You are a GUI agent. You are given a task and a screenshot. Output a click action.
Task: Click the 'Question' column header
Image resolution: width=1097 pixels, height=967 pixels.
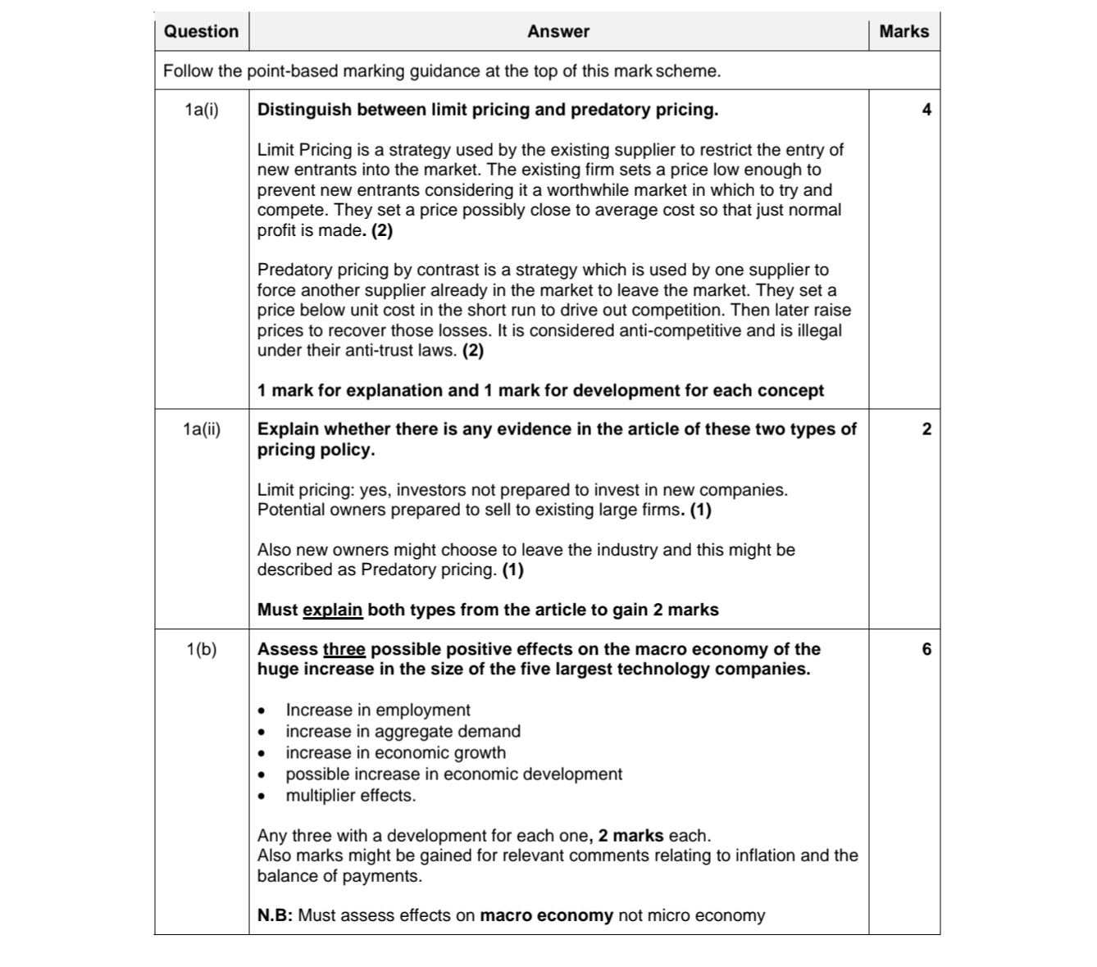pos(201,32)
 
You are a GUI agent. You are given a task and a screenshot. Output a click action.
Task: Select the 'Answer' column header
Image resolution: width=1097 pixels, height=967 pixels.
pos(558,32)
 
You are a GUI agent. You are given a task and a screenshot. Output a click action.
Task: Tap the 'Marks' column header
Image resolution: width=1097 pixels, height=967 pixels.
pos(904,32)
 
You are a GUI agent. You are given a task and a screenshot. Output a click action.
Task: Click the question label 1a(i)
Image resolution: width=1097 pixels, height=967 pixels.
pos(202,110)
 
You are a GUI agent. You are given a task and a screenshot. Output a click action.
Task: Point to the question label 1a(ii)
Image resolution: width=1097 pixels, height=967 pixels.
pos(202,429)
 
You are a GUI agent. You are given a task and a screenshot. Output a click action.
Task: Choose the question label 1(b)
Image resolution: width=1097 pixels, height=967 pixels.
pos(202,649)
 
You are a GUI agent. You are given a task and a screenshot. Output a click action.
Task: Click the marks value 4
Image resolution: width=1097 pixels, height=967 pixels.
pos(926,110)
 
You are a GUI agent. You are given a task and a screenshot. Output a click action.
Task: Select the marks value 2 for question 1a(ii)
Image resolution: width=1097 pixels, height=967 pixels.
pos(926,429)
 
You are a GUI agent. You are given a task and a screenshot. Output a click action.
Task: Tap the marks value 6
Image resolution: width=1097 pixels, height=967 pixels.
pos(926,649)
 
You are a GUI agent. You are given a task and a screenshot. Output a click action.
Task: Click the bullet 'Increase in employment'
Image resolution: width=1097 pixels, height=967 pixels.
pos(377,710)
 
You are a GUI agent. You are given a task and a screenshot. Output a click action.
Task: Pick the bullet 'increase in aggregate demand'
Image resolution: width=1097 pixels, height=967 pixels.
pos(403,731)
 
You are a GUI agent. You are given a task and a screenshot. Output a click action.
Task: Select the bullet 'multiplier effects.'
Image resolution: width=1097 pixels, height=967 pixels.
pos(350,795)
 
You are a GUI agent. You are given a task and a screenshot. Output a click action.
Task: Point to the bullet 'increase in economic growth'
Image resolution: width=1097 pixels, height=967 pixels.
pos(395,752)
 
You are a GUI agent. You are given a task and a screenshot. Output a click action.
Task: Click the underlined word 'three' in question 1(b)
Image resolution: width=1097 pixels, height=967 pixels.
pos(344,649)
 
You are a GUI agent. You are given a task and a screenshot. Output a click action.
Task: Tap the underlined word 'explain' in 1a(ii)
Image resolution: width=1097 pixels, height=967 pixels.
pos(332,610)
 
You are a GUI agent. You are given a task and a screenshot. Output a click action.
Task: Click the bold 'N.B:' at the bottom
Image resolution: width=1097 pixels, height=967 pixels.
pos(275,915)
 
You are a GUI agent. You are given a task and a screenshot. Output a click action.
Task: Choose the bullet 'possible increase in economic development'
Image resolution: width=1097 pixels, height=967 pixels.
pos(453,774)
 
